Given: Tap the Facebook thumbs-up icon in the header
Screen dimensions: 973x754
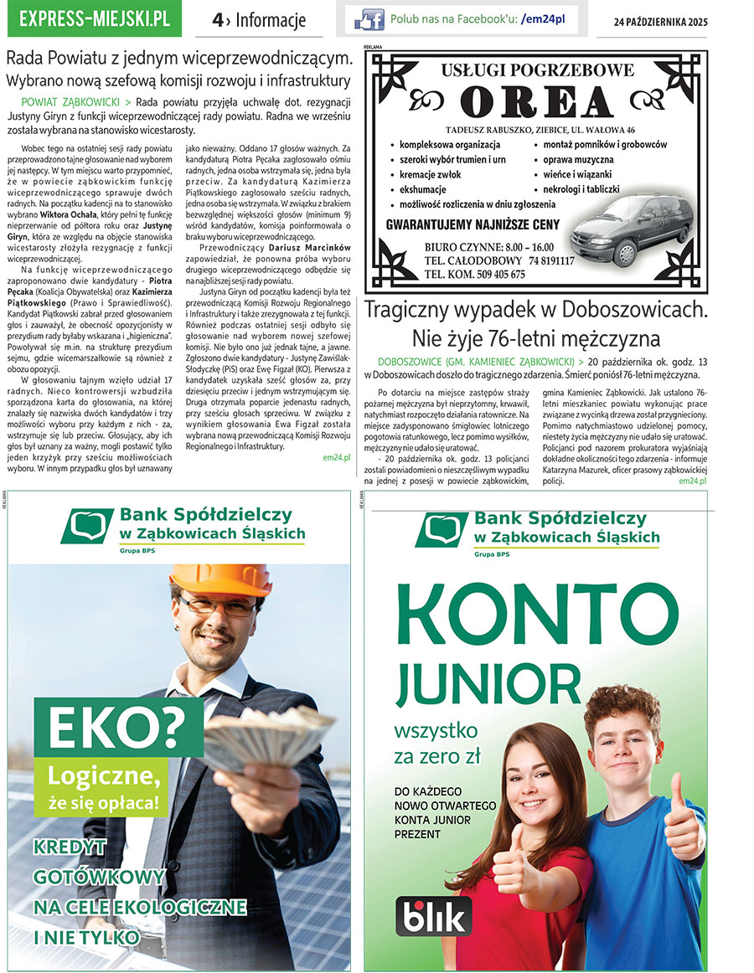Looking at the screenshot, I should pos(369,19).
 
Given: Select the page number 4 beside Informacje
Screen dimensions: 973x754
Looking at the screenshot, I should pos(217,20).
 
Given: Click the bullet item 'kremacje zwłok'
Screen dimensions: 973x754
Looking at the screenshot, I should pos(430,174).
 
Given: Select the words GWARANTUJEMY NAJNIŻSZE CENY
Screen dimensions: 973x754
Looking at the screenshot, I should pos(471,225).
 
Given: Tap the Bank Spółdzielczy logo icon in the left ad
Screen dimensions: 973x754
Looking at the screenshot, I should pos(86,525).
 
